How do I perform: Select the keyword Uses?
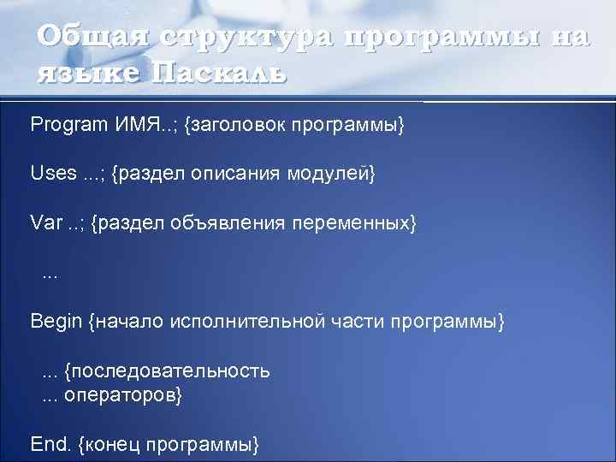(x=53, y=174)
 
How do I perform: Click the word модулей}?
(x=333, y=174)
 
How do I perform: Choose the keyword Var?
(x=47, y=223)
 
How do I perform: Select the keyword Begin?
(x=56, y=322)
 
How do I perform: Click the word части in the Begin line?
(x=355, y=322)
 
